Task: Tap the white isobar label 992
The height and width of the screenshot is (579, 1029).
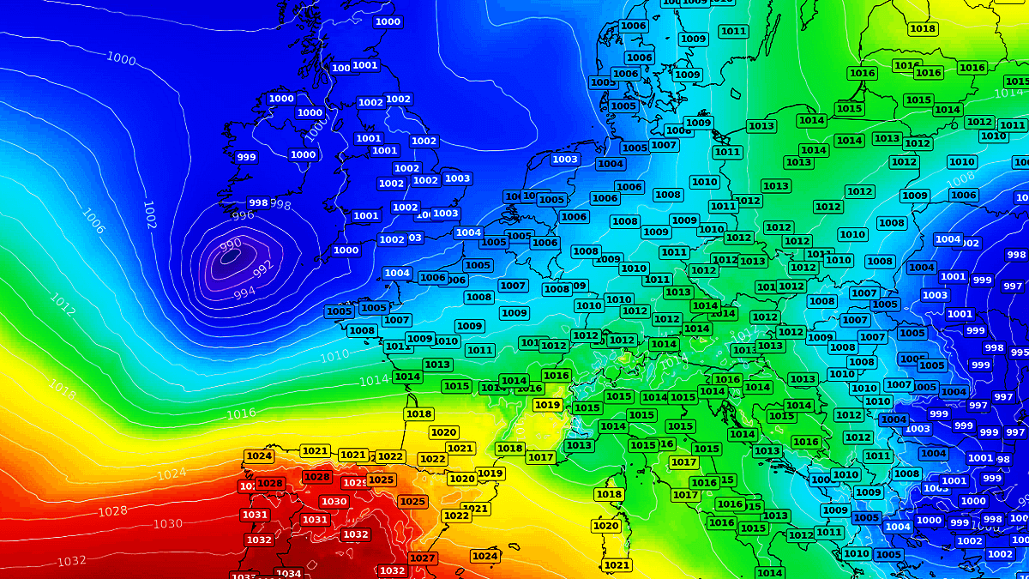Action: tap(263, 267)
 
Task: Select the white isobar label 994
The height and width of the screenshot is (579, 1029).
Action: tap(244, 293)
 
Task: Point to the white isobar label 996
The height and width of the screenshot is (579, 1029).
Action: tap(244, 215)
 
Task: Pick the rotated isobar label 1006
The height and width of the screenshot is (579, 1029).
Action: tap(93, 221)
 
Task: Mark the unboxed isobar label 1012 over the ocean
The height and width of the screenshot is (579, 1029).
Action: tap(63, 303)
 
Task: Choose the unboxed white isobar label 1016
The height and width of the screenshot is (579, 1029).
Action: tap(241, 414)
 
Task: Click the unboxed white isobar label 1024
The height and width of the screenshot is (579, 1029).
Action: tap(171, 473)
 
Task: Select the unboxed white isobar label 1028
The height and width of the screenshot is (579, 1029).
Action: tap(112, 511)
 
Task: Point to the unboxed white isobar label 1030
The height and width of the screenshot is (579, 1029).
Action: tap(167, 523)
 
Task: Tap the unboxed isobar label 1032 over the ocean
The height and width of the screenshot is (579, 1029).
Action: tap(71, 561)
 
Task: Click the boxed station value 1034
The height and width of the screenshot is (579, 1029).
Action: tap(288, 573)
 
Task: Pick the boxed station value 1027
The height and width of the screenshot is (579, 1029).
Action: tap(423, 558)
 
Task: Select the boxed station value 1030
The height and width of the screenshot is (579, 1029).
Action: tap(334, 502)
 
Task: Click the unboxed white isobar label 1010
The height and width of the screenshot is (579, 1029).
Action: tap(334, 355)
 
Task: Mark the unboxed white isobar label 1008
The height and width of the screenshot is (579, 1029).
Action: tap(961, 178)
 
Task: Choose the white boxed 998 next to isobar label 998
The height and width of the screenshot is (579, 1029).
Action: tap(258, 202)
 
